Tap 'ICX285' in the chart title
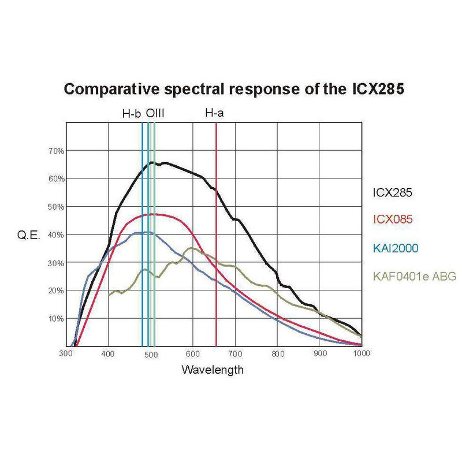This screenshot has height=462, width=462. [364, 90]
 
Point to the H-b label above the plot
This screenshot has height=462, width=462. [132, 114]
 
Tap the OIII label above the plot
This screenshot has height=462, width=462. [155, 114]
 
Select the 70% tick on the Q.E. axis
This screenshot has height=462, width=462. [55, 151]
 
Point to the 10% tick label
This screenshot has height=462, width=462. [55, 318]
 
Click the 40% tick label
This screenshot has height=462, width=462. [55, 234]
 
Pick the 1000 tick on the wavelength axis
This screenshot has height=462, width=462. [361, 353]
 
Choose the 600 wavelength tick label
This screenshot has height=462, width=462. [193, 353]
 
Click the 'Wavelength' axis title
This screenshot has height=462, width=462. [212, 370]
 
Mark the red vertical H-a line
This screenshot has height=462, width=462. [216, 260]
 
